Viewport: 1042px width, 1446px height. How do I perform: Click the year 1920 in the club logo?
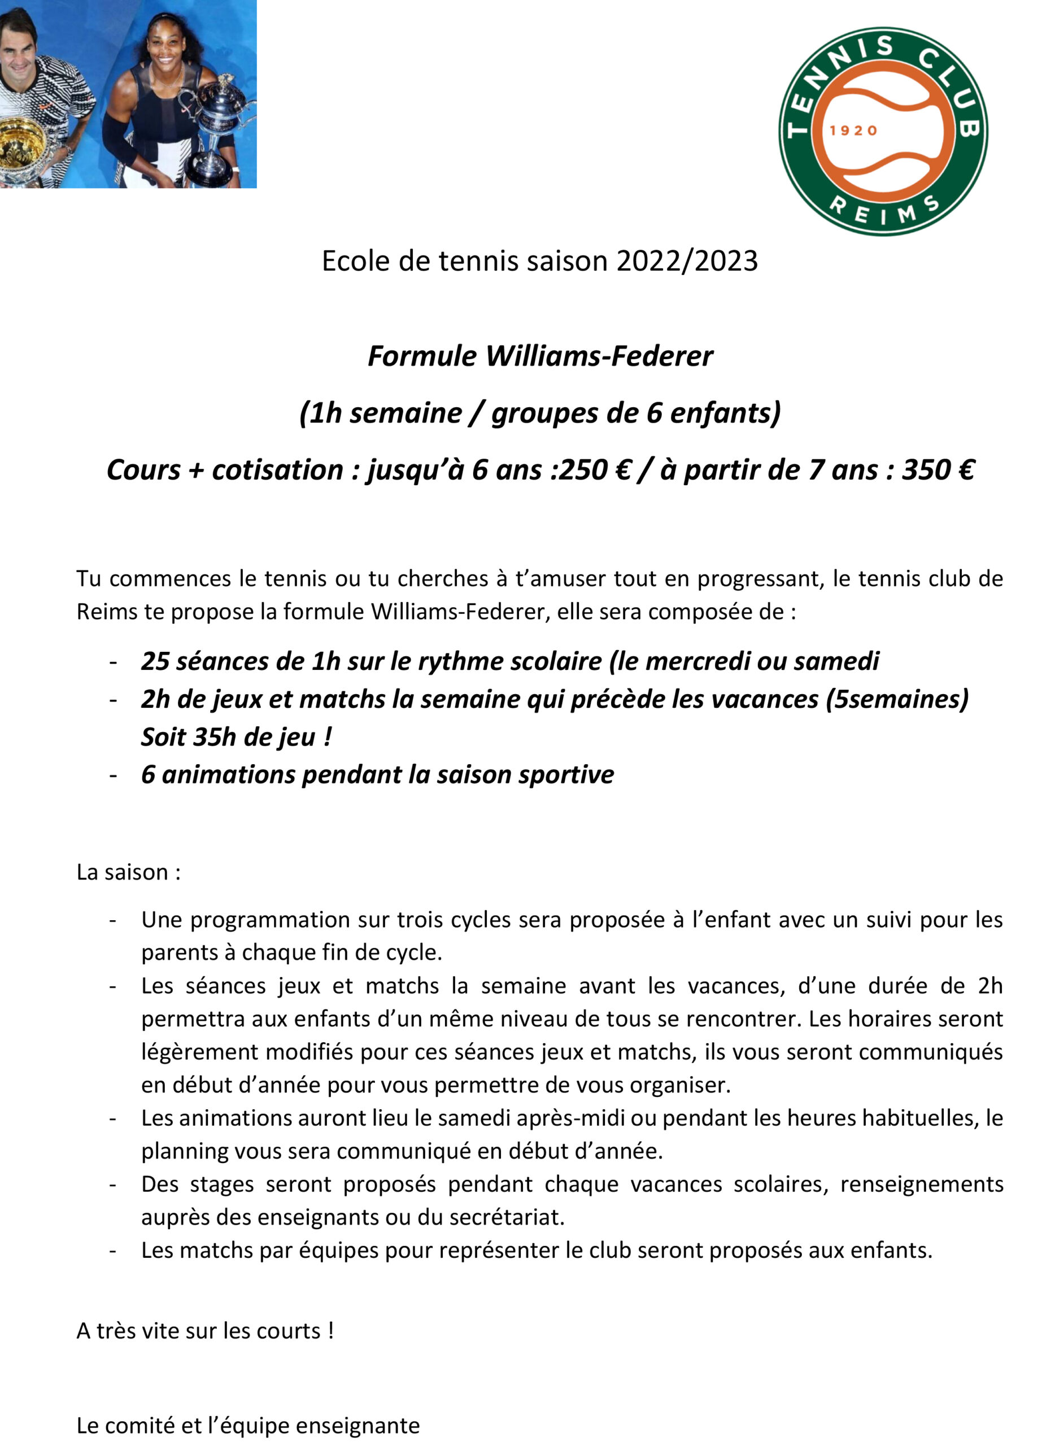click(x=853, y=130)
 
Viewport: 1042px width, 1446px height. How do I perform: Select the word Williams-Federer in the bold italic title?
click(x=599, y=356)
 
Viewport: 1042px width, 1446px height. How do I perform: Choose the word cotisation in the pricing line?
click(x=278, y=470)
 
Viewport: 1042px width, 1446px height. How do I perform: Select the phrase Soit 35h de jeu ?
click(x=237, y=737)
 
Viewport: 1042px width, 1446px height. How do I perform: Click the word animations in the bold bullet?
click(x=228, y=774)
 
